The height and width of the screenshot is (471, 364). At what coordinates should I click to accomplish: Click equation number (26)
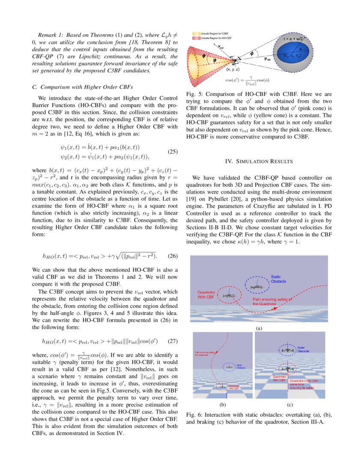171,256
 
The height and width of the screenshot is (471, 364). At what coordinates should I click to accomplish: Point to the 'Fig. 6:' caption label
195,415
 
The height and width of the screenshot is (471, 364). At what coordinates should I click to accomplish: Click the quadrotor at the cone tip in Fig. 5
235,60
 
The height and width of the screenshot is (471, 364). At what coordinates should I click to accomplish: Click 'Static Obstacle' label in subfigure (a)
278,279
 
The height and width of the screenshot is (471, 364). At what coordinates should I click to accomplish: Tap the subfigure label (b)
222,403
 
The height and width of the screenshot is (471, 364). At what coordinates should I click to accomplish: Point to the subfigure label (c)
290,403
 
